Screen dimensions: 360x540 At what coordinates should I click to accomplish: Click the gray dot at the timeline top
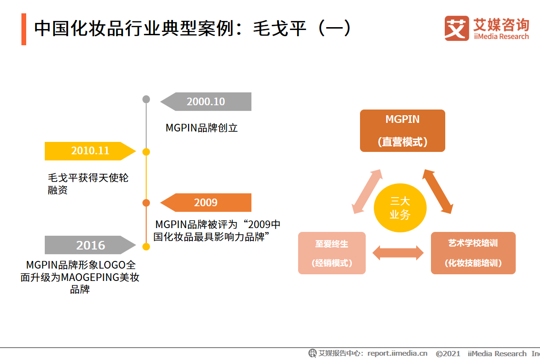pos(146,99)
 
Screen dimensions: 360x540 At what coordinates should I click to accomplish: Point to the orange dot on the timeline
pos(146,203)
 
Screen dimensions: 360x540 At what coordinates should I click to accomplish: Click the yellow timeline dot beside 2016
pos(146,247)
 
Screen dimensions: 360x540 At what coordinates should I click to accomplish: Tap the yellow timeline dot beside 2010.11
pos(146,152)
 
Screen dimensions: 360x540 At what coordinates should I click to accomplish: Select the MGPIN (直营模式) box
pos(402,131)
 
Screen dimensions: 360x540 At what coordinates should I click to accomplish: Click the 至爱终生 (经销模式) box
pos(331,253)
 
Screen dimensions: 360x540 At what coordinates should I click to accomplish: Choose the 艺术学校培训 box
pos(473,253)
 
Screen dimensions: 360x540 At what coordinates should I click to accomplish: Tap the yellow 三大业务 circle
pos(400,208)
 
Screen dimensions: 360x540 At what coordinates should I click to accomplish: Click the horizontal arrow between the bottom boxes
pos(398,253)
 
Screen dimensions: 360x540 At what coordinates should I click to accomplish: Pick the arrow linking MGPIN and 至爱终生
pos(367,191)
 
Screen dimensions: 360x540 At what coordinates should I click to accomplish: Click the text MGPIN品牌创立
pos(201,128)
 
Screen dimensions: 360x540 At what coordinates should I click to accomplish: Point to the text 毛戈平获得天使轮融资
pos(88,184)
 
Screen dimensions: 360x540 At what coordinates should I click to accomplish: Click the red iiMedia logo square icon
pos(456,29)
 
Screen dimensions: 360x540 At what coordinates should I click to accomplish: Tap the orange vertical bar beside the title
pos(24,30)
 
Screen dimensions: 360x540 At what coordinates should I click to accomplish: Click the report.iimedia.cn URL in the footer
pos(397,353)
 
